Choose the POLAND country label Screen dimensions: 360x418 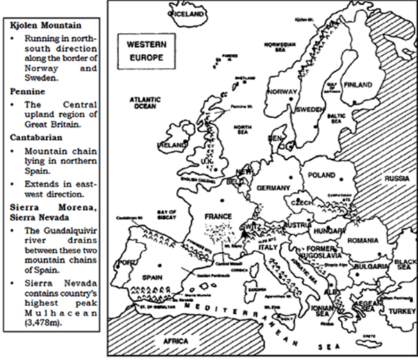point(324,175)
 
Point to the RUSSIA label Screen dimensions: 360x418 point(398,178)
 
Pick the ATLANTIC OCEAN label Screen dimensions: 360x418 point(145,103)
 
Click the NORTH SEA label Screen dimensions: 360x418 point(242,130)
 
